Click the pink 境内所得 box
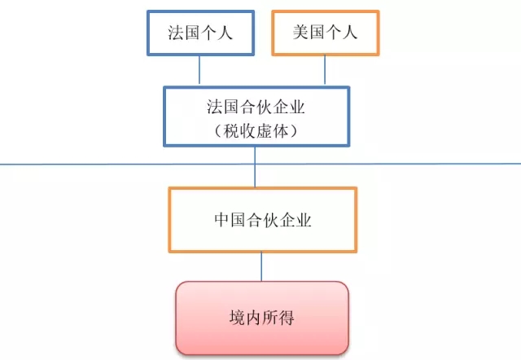click(262, 318)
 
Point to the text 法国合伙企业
click(256, 107)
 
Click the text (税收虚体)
click(256, 131)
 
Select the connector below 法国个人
click(199, 70)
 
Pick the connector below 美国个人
click(325, 70)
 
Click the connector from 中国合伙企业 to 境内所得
click(261, 267)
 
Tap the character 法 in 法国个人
click(176, 33)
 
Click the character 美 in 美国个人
click(300, 33)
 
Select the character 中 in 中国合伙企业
click(221, 220)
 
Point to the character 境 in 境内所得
click(237, 318)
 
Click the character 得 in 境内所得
click(287, 318)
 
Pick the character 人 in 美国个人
click(350, 33)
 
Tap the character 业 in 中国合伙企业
click(304, 220)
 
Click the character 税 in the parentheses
click(231, 131)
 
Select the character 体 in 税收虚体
click(281, 131)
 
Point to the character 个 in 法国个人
click(208, 33)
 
